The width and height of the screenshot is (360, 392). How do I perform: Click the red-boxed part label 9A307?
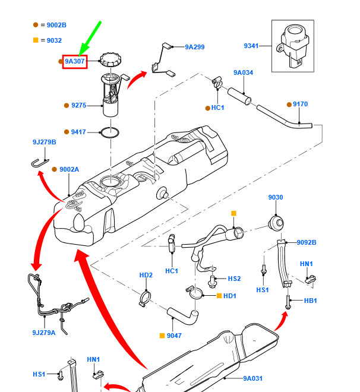pos(75,61)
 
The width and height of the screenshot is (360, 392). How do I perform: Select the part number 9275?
pos(78,106)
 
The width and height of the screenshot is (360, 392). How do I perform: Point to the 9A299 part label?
pos(194,47)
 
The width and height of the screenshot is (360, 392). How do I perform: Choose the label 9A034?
pos(243,72)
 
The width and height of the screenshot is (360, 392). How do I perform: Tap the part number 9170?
pos(300,105)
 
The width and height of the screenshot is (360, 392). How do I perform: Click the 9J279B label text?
pos(44,142)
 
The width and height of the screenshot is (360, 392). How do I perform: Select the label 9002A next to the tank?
pos(69,169)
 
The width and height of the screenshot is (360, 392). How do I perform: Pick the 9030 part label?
pos(276,198)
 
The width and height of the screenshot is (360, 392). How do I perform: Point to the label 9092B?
pos(307,242)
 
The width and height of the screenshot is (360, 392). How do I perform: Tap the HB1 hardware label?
pos(310,301)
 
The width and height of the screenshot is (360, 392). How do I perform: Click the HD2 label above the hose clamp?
pos(146,275)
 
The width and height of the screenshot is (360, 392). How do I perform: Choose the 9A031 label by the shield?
pos(252,378)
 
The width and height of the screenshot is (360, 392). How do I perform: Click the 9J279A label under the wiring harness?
pos(43,333)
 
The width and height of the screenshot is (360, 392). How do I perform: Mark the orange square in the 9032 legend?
pos(36,40)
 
